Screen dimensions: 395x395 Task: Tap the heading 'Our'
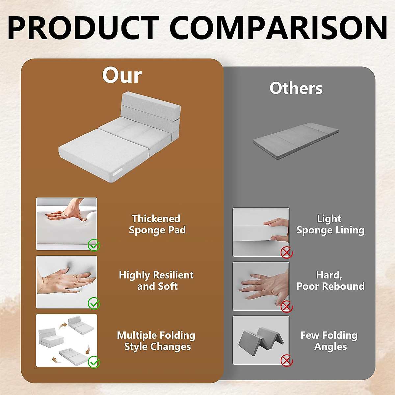[x=122, y=76]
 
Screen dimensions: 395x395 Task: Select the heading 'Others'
[x=296, y=88]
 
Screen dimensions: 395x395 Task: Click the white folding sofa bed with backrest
[x=120, y=135]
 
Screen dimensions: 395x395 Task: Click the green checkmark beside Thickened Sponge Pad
[x=94, y=245]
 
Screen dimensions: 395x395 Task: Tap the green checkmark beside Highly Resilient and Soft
[x=94, y=303]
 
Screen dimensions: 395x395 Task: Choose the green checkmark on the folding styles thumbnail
[x=94, y=362]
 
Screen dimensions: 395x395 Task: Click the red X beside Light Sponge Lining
[x=287, y=253]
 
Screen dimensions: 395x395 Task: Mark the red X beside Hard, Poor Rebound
[x=287, y=307]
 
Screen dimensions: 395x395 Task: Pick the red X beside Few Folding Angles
[x=287, y=360]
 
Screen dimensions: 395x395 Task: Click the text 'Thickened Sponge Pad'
[x=157, y=224]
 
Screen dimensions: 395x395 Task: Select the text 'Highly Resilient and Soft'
[x=156, y=280]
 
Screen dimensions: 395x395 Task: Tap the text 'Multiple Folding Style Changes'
[x=156, y=341]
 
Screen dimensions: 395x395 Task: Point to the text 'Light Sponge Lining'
[x=330, y=224]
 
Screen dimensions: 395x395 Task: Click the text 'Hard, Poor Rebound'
[x=330, y=280]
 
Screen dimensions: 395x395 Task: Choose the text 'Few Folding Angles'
[x=329, y=341]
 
